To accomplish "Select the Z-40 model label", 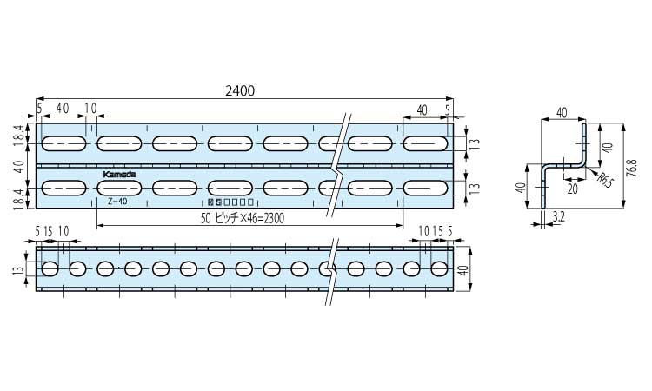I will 117,201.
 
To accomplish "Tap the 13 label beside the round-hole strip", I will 18,271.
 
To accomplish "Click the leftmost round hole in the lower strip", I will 50,268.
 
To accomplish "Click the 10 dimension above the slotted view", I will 90,108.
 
